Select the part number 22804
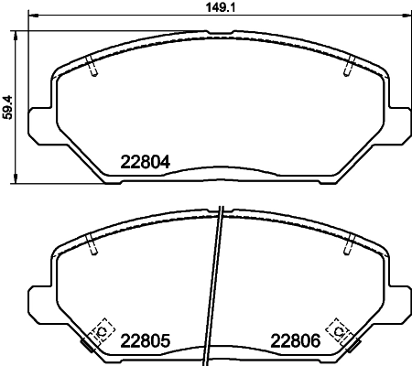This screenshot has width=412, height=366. click(x=146, y=166)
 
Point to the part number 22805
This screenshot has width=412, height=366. click(x=146, y=341)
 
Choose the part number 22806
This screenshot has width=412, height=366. click(x=296, y=341)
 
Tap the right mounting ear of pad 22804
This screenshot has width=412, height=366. click(x=395, y=122)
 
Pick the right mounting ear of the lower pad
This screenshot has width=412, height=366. click(x=395, y=296)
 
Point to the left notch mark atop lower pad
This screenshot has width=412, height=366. click(x=92, y=243)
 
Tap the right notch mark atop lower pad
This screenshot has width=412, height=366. click(x=348, y=243)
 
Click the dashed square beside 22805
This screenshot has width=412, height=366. click(x=102, y=331)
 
